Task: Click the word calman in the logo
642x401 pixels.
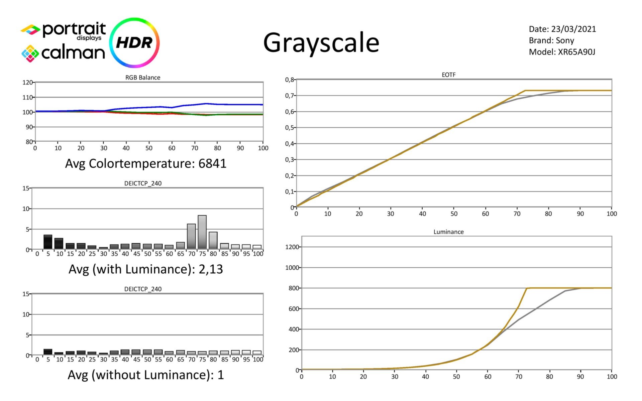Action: click(73, 53)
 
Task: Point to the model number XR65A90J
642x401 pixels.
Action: click(576, 52)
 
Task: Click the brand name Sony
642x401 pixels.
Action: click(565, 40)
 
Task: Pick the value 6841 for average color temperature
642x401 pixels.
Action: click(212, 163)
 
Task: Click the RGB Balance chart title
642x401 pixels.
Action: click(143, 78)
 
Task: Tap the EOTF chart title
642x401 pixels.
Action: click(448, 75)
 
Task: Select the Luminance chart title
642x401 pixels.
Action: click(448, 232)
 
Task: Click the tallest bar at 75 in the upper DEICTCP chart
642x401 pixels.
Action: click(202, 232)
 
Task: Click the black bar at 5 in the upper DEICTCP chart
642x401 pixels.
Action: click(48, 242)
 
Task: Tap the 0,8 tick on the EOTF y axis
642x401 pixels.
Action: click(289, 80)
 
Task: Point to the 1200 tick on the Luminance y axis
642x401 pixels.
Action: click(292, 247)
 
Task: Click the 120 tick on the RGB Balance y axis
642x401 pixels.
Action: click(27, 83)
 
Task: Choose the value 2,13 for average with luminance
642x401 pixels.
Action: click(211, 269)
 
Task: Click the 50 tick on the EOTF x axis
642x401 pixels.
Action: click(454, 214)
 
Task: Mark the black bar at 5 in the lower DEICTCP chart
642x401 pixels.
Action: click(48, 352)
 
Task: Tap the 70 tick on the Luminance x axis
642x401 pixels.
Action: click(519, 377)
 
